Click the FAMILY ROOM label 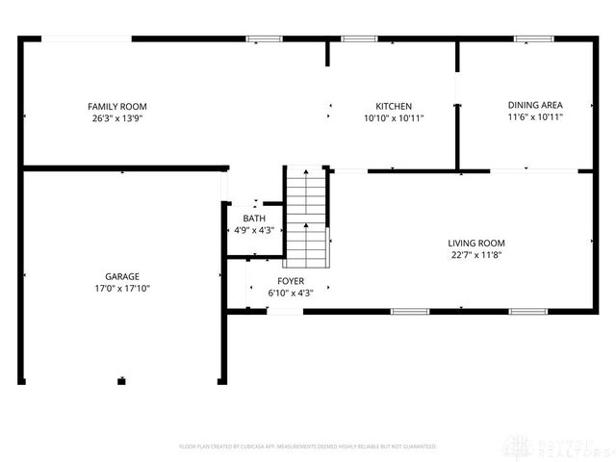(117, 106)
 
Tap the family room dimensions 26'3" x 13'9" (117, 117)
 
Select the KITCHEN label (394, 106)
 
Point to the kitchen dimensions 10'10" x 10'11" (394, 117)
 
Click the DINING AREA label (535, 105)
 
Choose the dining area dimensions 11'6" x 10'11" (535, 116)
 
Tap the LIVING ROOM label (476, 244)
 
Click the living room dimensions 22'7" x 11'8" (476, 255)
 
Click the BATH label (254, 218)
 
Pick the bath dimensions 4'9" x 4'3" (254, 230)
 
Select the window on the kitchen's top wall (359, 39)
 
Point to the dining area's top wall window (528, 39)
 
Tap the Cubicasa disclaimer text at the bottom (308, 447)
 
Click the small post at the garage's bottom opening (121, 381)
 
